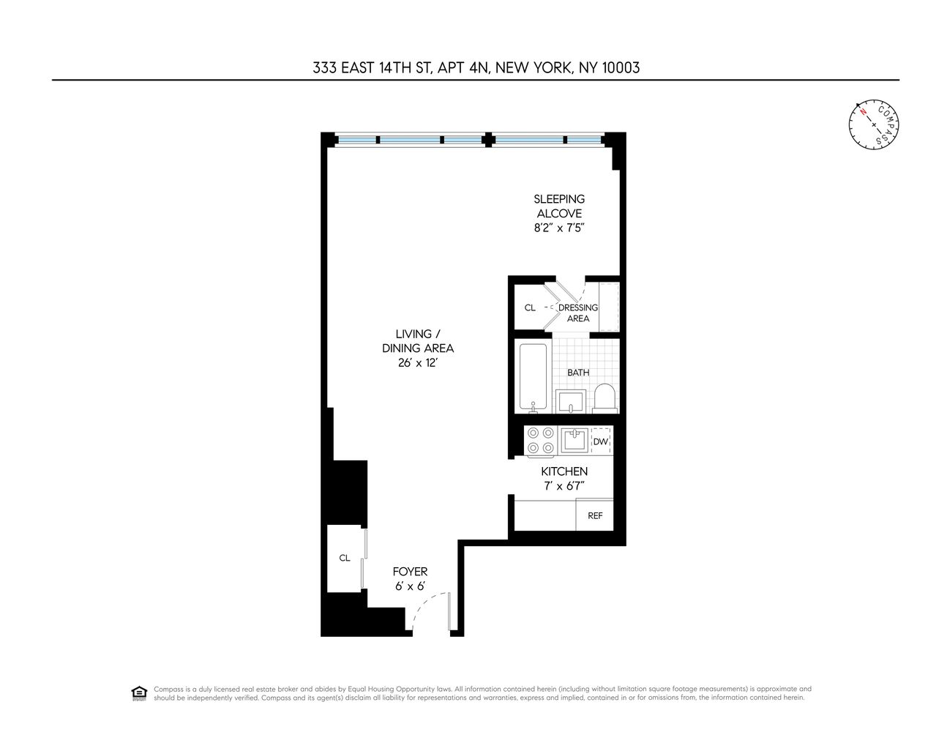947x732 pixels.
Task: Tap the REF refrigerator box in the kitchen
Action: [x=595, y=515]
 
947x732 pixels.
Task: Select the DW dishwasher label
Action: [x=600, y=441]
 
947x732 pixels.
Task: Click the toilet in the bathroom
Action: [x=604, y=397]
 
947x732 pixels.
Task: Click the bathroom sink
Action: [x=570, y=401]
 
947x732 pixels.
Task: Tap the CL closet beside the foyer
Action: [x=345, y=558]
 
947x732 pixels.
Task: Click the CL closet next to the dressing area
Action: [x=530, y=308]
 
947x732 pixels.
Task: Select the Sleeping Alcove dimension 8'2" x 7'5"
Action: [x=559, y=228]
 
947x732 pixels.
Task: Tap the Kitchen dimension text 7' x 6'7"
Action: [x=564, y=486]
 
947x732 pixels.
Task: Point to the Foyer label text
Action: [x=410, y=572]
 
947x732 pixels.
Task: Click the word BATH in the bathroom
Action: [x=578, y=373]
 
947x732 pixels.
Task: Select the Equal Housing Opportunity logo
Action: [x=138, y=693]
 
